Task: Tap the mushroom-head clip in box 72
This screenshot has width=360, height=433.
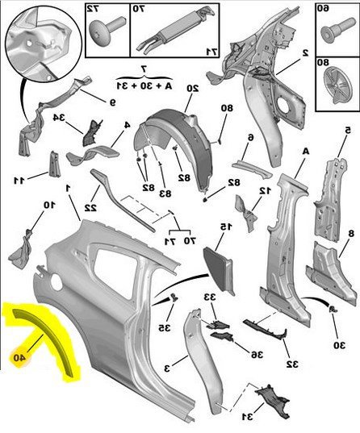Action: [107, 31]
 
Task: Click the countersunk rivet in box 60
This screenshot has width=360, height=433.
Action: [337, 30]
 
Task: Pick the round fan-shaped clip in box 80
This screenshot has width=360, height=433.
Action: [337, 85]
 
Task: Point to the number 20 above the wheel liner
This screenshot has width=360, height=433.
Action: [193, 89]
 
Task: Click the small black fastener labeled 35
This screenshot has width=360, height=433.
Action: [174, 298]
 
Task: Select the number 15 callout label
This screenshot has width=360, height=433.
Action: [226, 227]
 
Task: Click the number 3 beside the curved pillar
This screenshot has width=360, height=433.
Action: [167, 368]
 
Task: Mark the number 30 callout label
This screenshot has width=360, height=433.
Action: [340, 345]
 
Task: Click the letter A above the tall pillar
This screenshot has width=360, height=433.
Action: [306, 152]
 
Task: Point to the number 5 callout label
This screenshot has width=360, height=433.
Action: [348, 130]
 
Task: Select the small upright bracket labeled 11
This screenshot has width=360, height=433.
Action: [54, 164]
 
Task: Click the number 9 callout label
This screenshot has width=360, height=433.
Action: [112, 102]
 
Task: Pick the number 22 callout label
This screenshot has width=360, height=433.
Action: [90, 208]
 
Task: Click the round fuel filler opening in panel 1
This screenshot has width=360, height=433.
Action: [57, 282]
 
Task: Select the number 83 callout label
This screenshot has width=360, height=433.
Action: [165, 194]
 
